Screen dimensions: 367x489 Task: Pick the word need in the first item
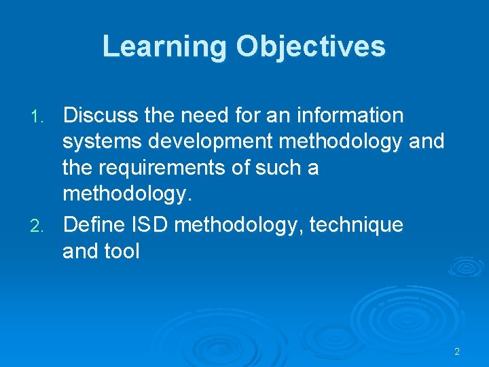click(x=204, y=116)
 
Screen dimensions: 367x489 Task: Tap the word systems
click(x=103, y=142)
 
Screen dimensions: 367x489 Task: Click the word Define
click(x=96, y=224)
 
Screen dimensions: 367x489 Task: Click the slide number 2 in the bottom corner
click(x=457, y=351)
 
